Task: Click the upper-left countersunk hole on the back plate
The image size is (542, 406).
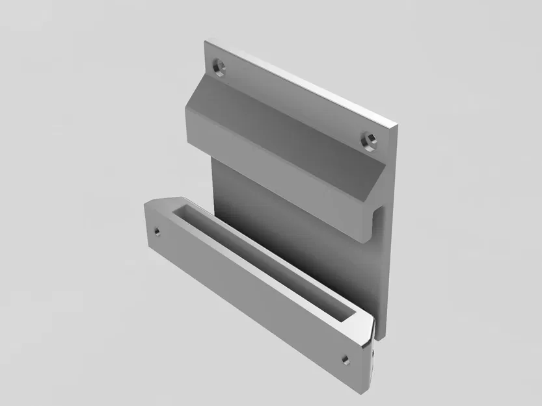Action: (219, 66)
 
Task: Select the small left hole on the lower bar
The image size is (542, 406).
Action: (156, 230)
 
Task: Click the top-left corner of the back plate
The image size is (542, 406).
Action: (205, 42)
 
